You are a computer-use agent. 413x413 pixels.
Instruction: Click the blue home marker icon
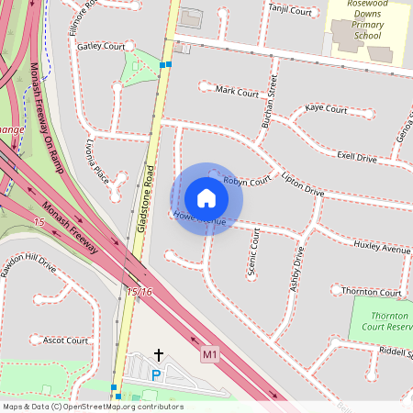[206, 198]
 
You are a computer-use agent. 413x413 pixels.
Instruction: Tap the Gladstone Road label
[145, 197]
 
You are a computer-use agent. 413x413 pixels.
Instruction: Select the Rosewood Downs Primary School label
[371, 19]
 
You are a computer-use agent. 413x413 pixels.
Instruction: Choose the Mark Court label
[237, 92]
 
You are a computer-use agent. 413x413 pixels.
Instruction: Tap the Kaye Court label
[326, 108]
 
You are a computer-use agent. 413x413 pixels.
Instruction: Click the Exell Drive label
[357, 158]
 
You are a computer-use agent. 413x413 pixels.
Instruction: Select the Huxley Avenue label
[382, 249]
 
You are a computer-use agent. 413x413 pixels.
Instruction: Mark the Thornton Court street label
[371, 292]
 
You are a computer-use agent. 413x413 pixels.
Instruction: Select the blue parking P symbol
[155, 375]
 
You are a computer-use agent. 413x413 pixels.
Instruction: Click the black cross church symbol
[158, 353]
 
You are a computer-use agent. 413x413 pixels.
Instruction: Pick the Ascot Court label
[65, 340]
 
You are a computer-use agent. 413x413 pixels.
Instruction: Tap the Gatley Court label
[101, 46]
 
